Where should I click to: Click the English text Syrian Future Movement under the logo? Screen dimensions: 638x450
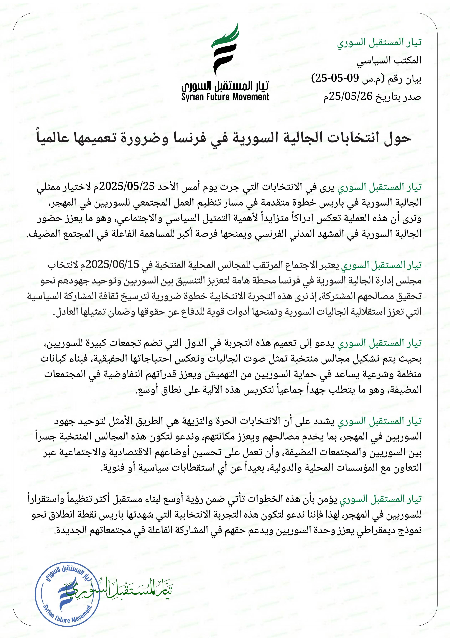pyautogui.click(x=225, y=97)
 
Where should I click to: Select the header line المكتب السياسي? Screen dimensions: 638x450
pyautogui.click(x=389, y=60)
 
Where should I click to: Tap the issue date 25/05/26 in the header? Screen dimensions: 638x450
pyautogui.click(x=351, y=96)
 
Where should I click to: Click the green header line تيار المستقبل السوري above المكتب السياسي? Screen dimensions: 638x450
pyautogui.click(x=379, y=42)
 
